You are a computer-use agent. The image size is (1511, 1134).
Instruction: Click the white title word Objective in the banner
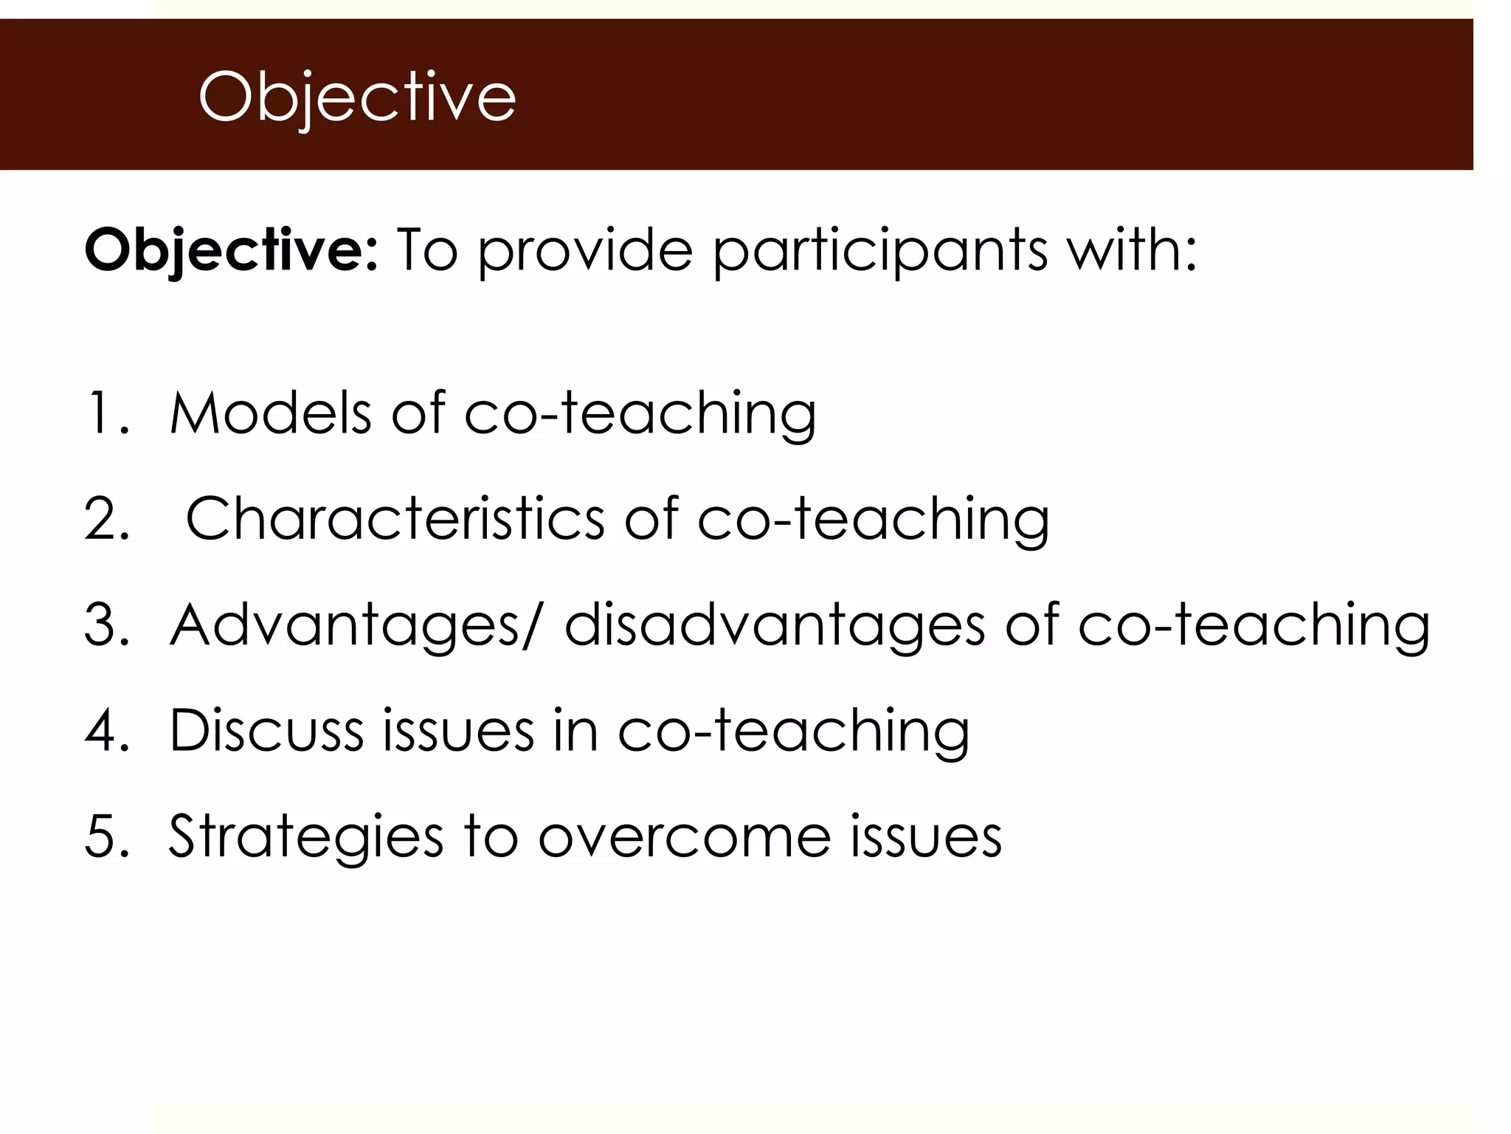click(x=356, y=97)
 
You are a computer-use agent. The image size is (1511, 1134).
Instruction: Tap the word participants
click(x=879, y=251)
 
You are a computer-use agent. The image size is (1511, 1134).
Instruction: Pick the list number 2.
click(x=107, y=518)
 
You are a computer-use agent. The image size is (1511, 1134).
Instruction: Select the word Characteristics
click(x=395, y=518)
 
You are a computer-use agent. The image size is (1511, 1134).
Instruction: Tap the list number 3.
click(x=107, y=625)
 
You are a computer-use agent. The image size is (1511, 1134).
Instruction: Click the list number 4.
click(x=107, y=730)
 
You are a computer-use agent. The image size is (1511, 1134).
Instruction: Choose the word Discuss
click(x=266, y=730)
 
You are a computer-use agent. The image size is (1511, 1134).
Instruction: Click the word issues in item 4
click(x=457, y=730)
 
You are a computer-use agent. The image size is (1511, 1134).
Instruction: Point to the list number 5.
click(x=107, y=836)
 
